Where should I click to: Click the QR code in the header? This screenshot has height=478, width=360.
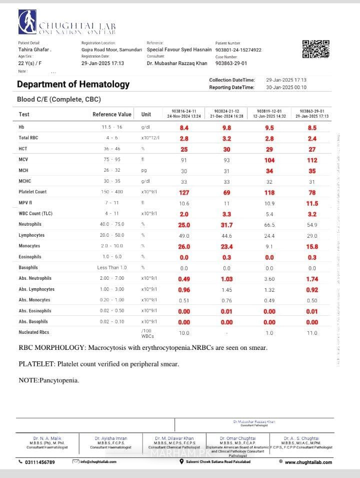tap(316, 49)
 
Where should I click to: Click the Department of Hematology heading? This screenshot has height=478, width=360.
tap(73, 84)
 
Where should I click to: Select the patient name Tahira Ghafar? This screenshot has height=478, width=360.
tap(34, 50)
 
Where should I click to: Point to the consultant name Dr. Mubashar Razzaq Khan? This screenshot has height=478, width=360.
tap(177, 64)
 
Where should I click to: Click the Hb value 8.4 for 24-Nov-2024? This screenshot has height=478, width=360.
tap(184, 128)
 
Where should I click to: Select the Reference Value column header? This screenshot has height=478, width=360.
tap(112, 114)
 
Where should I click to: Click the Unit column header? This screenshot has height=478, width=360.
tap(146, 114)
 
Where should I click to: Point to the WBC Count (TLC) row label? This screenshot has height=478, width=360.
tap(35, 214)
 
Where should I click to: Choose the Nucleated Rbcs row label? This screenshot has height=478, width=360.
tap(34, 332)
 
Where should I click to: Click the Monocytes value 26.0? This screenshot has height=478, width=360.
tap(184, 246)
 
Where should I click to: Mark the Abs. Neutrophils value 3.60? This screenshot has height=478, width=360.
tap(269, 278)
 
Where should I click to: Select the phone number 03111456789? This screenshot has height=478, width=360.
tap(40, 462)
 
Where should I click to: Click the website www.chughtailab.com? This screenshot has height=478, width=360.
tap(308, 462)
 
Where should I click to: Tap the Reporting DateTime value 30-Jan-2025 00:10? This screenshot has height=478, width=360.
tap(286, 88)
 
